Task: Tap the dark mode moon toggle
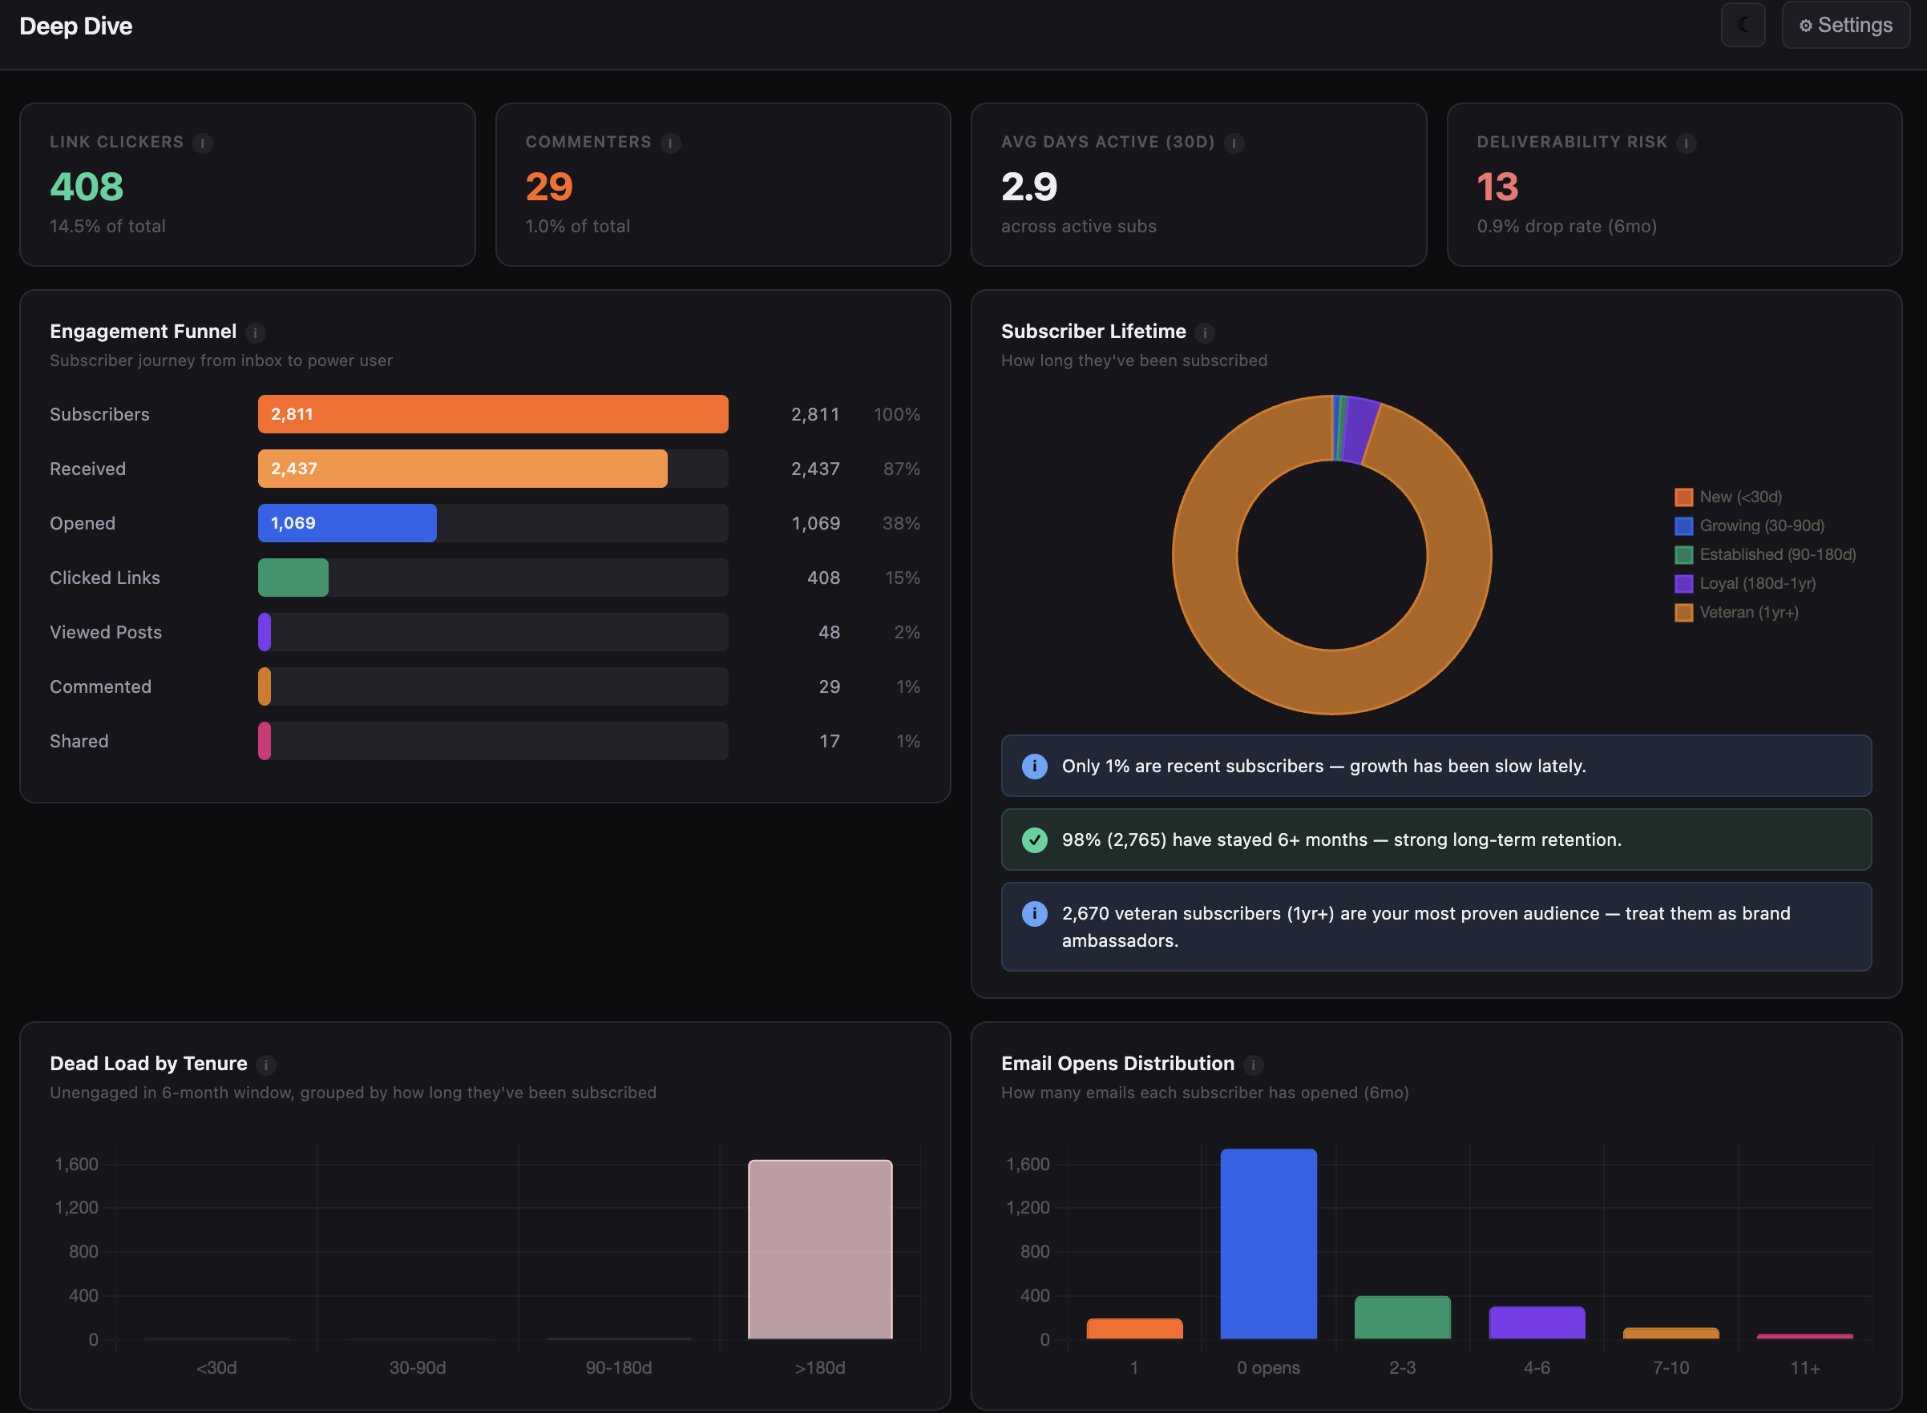coord(1742,26)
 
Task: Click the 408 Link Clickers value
coord(87,187)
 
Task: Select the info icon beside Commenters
coord(671,143)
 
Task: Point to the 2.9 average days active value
coord(1028,187)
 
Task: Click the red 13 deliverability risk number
coord(1497,187)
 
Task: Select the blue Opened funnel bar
coord(346,522)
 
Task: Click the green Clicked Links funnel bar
coord(293,578)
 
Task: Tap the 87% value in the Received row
coord(901,469)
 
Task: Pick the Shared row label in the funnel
coord(79,741)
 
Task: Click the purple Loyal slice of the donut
coord(1359,430)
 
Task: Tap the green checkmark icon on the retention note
coord(1034,840)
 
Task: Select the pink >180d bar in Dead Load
coord(819,1249)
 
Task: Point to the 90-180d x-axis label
coord(618,1367)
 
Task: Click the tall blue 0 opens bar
coord(1267,1244)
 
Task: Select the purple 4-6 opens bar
coord(1536,1322)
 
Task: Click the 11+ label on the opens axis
coord(1804,1367)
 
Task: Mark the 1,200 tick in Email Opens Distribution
coord(1027,1208)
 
